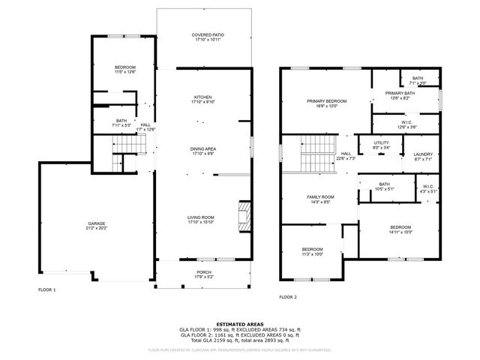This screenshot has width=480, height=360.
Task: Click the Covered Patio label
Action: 208,34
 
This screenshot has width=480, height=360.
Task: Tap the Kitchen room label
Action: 203,97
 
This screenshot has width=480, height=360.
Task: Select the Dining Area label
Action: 203,148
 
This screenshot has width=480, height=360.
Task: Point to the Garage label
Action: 96,223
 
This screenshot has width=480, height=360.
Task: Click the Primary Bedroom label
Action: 325,100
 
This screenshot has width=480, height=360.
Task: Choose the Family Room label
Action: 320,196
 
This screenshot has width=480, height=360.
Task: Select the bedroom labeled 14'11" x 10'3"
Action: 401,229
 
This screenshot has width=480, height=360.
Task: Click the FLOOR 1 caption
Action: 46,289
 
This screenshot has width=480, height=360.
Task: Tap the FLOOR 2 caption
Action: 288,297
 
